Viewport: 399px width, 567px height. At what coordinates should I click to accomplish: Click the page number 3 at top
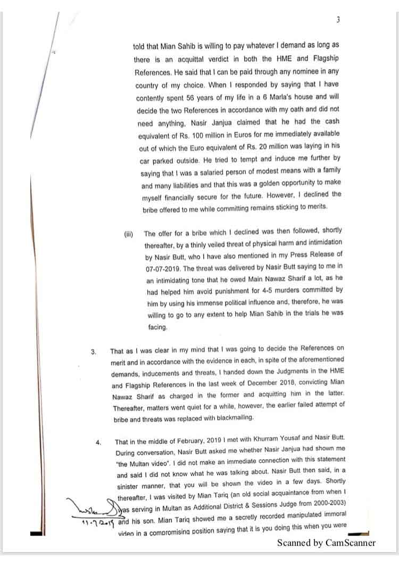point(338,20)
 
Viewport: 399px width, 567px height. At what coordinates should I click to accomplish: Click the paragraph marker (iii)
point(128,234)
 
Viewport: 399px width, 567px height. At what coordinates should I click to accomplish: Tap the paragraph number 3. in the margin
point(94,351)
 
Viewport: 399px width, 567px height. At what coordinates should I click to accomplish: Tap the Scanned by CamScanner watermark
point(326,543)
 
